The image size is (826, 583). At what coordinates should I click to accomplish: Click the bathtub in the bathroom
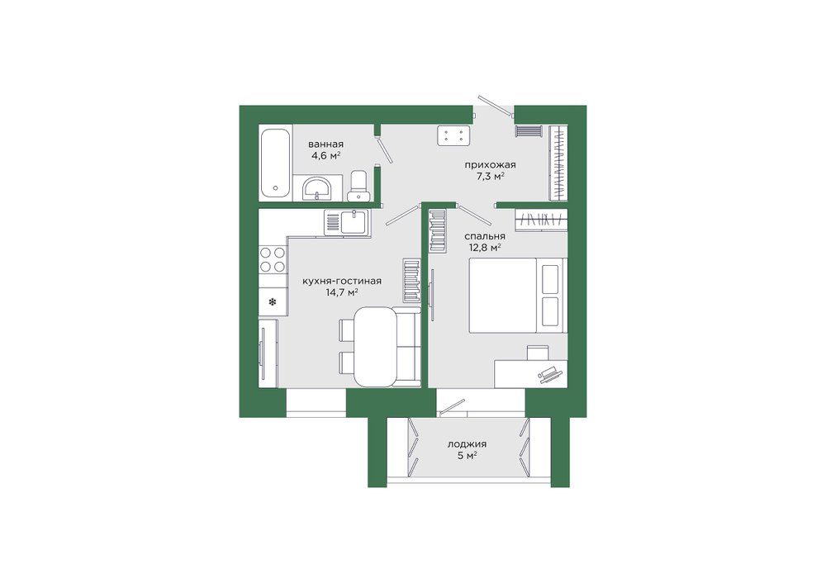pos(276,162)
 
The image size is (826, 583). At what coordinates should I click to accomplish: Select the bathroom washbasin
pos(316,188)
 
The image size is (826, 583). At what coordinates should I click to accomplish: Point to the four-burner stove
pos(273,259)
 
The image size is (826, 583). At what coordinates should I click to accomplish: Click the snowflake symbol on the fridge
pos(273,301)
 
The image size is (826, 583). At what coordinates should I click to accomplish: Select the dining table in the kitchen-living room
pos(374,348)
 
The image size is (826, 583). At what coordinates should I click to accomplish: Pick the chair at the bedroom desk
pos(538,353)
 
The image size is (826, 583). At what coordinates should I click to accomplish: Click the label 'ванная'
pos(326,145)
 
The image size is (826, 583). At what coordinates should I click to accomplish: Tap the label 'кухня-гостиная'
pos(342,282)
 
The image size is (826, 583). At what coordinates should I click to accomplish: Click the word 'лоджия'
pos(468,444)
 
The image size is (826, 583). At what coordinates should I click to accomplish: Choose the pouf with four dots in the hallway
pos(453,135)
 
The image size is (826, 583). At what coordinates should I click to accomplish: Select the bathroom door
pos(384,149)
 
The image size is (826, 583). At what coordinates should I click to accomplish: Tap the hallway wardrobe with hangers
pos(558,163)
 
